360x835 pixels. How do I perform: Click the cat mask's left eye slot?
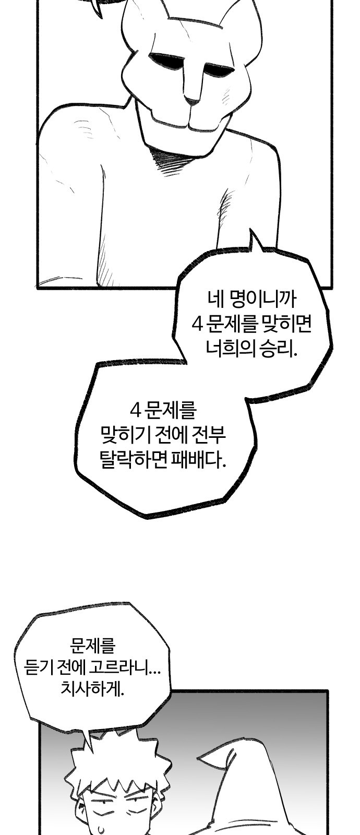click(166, 61)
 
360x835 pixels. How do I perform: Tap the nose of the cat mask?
click(193, 100)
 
